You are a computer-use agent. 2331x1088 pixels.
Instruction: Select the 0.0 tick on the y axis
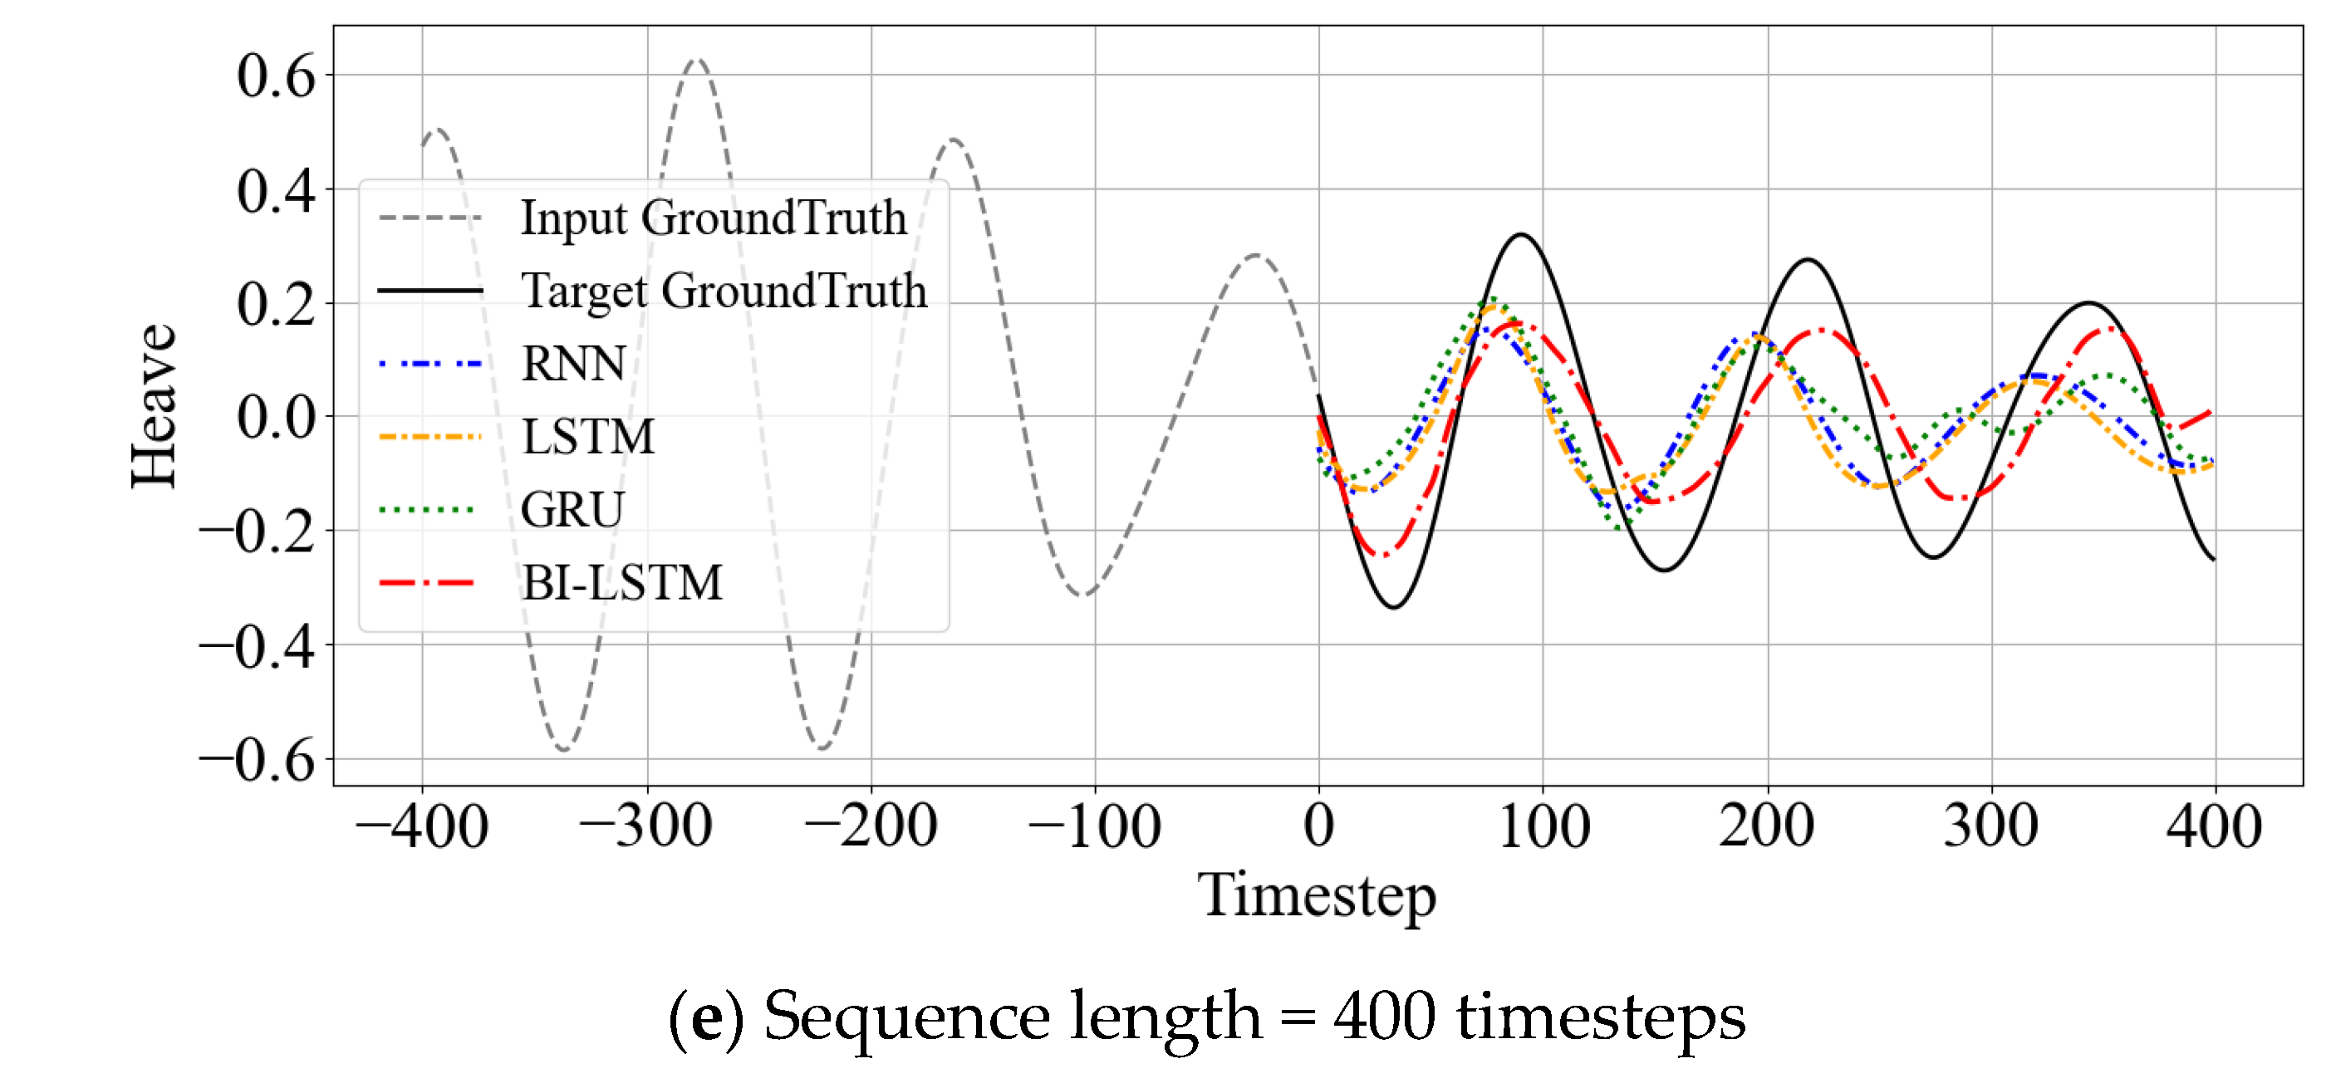[276, 418]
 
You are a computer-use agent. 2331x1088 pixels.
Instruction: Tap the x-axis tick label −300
[646, 826]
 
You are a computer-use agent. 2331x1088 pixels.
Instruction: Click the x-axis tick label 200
[1766, 826]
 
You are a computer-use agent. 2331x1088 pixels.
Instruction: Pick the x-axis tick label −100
[1094, 826]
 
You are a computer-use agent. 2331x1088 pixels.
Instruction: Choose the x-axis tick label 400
[2213, 826]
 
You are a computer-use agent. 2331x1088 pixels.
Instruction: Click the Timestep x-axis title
[1317, 895]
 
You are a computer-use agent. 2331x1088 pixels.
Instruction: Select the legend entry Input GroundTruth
[713, 218]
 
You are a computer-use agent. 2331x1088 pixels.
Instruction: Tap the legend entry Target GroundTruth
[724, 292]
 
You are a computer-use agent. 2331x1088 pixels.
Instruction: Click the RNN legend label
[574, 364]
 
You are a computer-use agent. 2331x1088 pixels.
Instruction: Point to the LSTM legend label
[588, 437]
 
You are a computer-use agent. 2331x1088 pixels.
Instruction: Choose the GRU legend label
[572, 509]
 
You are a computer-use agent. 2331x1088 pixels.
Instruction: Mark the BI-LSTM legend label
[622, 582]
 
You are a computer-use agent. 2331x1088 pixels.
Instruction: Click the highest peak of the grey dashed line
[696, 61]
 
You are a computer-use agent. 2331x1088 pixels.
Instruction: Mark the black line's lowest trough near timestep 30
[1394, 607]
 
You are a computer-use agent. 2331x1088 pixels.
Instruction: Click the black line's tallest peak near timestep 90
[1521, 235]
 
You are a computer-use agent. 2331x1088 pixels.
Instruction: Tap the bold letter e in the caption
[707, 1017]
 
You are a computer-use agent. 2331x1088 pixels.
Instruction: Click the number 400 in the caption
[1384, 1017]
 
